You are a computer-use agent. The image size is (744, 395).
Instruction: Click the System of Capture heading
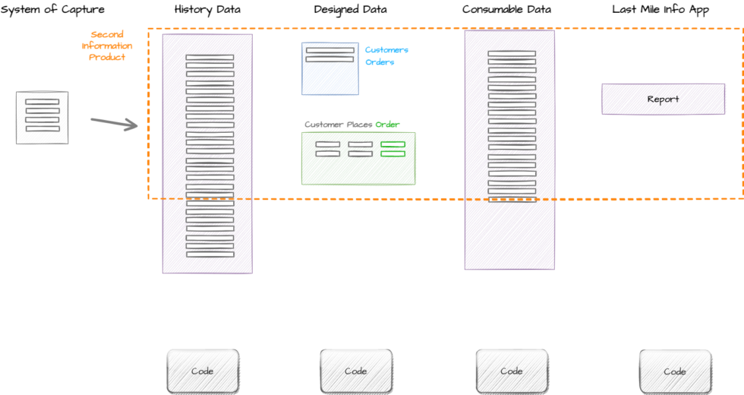tap(52, 10)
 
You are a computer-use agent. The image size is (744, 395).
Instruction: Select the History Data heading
tap(207, 10)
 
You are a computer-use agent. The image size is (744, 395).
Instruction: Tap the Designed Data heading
tap(350, 10)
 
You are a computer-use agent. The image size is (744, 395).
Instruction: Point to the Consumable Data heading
tap(506, 10)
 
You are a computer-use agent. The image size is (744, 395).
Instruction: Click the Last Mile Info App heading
tap(660, 10)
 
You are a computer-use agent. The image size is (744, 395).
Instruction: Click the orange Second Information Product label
tap(107, 46)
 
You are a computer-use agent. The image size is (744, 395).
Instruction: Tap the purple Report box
tap(663, 99)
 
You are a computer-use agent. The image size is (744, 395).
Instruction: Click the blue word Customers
tap(386, 50)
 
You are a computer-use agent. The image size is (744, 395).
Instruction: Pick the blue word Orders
tap(380, 62)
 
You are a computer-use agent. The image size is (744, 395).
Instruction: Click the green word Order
tap(387, 125)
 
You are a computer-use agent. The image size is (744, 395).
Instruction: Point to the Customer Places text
tap(339, 125)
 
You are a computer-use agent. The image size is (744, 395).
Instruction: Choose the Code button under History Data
tap(203, 371)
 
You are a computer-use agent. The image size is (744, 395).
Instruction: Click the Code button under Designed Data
tap(356, 371)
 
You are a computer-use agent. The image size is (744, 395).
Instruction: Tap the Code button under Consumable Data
tap(512, 371)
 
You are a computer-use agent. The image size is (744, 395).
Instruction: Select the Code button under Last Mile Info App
tap(675, 371)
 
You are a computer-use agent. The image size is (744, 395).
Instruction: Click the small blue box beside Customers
tap(330, 68)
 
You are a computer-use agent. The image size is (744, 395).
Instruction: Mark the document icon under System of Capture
tap(43, 117)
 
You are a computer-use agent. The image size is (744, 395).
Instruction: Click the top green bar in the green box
tap(392, 144)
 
